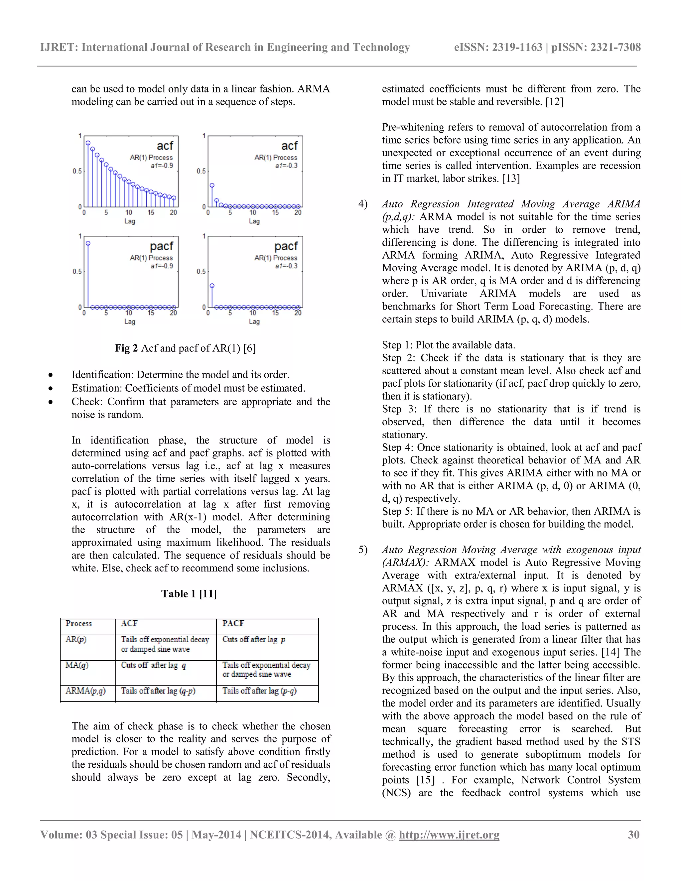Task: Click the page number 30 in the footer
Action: coord(633,834)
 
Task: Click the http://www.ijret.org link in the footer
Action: coord(449,834)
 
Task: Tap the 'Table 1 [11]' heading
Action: coord(189,593)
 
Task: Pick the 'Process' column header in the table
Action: coord(79,623)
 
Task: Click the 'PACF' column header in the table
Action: coord(233,623)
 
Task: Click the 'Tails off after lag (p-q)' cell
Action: coord(259,691)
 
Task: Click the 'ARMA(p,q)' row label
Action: coord(85,691)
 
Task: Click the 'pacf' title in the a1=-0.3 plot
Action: coord(286,246)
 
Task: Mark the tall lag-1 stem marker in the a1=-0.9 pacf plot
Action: coord(88,244)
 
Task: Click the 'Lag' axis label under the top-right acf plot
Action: coord(254,221)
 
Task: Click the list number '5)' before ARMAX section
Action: coord(363,550)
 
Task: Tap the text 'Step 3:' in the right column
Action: coord(399,409)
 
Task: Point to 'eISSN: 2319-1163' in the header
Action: coord(497,47)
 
